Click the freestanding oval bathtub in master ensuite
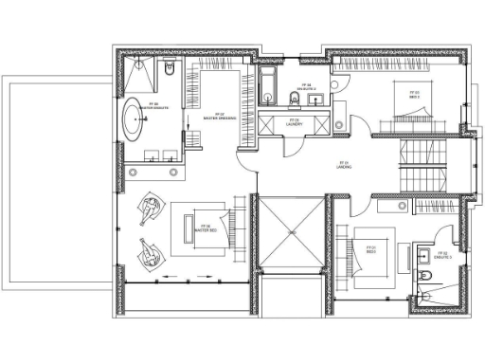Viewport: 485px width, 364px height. pos(135,123)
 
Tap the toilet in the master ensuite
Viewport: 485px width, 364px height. pos(170,67)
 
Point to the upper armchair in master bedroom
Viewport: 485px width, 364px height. pos(149,208)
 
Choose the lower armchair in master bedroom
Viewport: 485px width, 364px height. pos(147,251)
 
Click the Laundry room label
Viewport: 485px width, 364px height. pos(294,121)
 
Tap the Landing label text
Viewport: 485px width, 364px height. pos(344,165)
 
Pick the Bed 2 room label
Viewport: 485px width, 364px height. pos(413,93)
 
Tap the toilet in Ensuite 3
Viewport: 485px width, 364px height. pos(427,276)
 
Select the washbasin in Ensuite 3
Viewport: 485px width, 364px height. pos(418,253)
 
